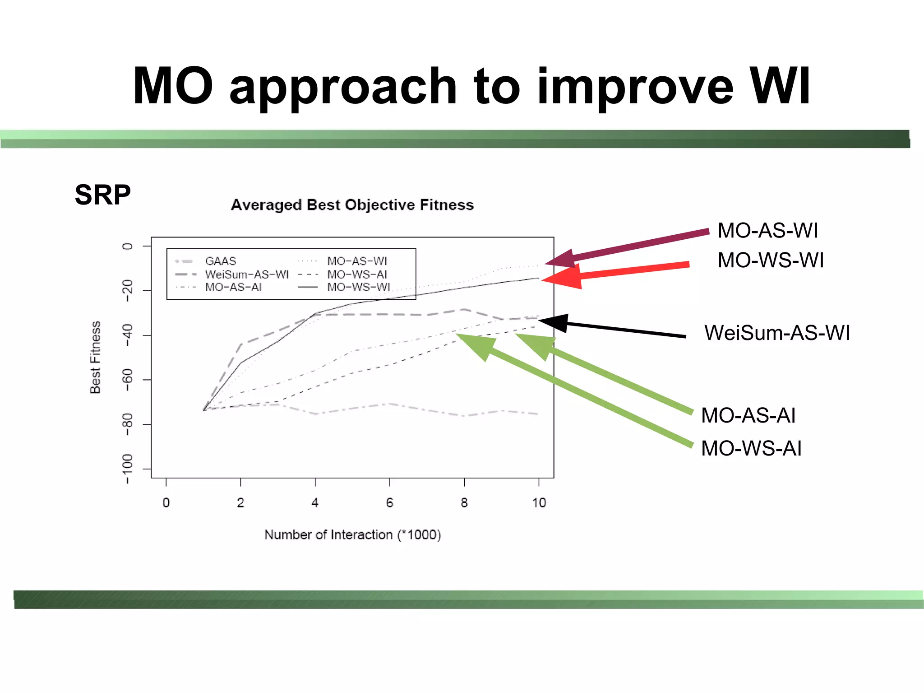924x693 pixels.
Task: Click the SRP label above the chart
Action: [102, 195]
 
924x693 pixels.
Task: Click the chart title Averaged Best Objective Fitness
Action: [352, 205]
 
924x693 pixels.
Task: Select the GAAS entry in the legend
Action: [220, 261]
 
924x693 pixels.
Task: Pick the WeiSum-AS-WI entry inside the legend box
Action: [246, 274]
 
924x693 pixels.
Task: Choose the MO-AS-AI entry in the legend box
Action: [233, 287]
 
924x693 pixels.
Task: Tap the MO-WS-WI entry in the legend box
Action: [358, 287]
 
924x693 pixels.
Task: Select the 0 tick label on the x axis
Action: [166, 502]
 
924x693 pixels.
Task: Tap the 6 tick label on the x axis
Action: [389, 502]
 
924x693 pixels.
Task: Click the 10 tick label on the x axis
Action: [539, 502]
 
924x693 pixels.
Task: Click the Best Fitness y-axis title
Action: [95, 357]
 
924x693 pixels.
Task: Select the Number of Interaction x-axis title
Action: [352, 535]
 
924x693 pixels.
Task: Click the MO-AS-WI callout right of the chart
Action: [767, 230]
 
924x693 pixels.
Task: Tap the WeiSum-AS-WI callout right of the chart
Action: [777, 333]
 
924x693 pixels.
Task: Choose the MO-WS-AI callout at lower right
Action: [751, 448]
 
